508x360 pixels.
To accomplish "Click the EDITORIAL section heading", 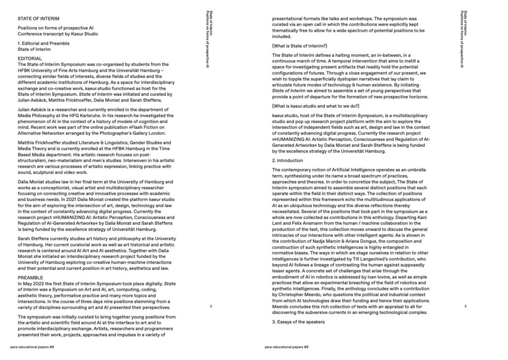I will click(x=33, y=59).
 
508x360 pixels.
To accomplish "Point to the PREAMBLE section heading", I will click(x=31, y=278).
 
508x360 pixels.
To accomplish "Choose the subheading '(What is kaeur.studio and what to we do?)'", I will click(x=316, y=107).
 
